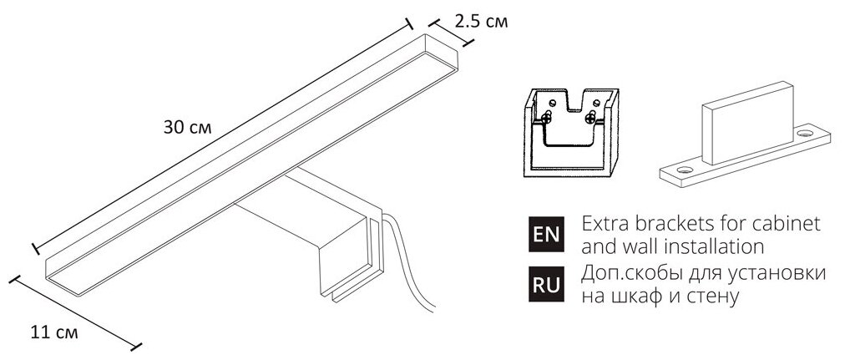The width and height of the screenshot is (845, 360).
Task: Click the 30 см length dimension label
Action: (x=188, y=128)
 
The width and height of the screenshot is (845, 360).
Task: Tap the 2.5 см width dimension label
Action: (x=481, y=22)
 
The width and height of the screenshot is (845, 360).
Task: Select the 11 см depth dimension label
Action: (x=54, y=332)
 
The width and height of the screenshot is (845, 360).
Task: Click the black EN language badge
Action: (x=546, y=235)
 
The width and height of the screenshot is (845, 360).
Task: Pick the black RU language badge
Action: (x=546, y=283)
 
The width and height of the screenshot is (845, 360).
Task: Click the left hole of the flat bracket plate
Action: (x=685, y=170)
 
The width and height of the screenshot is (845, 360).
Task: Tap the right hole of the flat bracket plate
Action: (x=805, y=133)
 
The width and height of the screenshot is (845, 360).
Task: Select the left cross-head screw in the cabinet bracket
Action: (x=548, y=116)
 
